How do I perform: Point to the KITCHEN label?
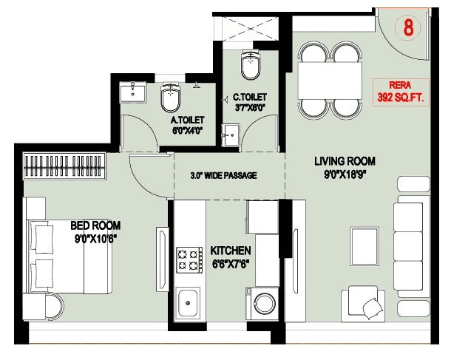pos(230,257)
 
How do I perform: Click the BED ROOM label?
pos(95,231)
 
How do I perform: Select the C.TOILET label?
pos(249,101)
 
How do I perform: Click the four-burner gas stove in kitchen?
pos(189,259)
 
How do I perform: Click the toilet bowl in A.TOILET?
pos(172,98)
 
